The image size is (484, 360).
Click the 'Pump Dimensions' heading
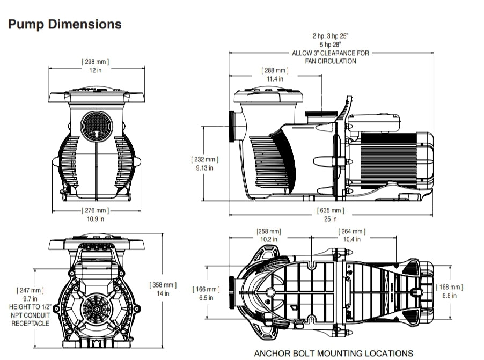pos(64,24)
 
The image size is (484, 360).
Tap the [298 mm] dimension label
pos(96,62)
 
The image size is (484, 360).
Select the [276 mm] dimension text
pos(96,210)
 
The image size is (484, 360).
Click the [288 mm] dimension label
pos(275,70)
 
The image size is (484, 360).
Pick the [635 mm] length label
pos(331,210)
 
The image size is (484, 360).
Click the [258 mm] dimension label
pos(268,231)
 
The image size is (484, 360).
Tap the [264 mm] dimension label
pos(352,231)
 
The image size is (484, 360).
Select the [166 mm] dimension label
pos(206,290)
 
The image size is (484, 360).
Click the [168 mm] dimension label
pos(450,287)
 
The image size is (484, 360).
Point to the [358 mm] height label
pos(163,285)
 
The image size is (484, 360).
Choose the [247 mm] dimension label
pos(30,290)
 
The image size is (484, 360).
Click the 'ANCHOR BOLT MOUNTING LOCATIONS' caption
pos(333,353)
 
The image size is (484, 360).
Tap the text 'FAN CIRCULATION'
pos(331,61)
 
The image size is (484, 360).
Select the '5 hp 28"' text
pos(331,45)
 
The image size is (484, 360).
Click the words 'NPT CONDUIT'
pos(30,315)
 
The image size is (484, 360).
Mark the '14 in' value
pos(163,293)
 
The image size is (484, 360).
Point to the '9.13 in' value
pos(205,168)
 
